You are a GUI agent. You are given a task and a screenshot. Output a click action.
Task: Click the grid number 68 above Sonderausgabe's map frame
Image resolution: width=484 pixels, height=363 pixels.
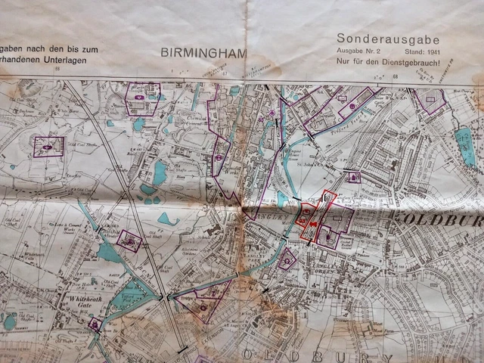[x=393, y=73]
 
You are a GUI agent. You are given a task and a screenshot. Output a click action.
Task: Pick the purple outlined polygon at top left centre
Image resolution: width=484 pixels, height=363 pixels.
[x=141, y=98]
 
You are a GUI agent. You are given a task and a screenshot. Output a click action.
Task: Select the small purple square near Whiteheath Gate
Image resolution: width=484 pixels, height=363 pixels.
[x=96, y=324]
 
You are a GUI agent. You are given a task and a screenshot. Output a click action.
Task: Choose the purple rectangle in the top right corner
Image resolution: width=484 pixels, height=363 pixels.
[x=431, y=100]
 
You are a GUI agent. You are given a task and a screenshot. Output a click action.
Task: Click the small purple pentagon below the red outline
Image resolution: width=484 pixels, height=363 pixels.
[x=287, y=259]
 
